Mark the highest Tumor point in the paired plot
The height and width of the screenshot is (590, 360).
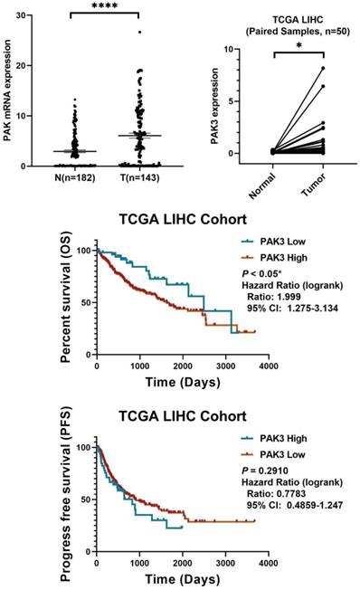[320, 69]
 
